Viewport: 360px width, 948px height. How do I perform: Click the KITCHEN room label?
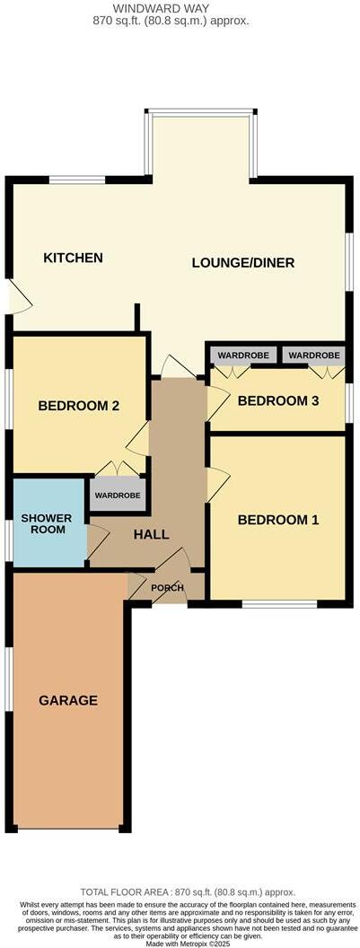tap(74, 258)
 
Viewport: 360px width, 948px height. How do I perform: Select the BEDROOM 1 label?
tap(277, 520)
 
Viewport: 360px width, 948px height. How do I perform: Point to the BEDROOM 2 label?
tap(79, 406)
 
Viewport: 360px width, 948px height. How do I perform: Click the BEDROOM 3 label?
tap(278, 400)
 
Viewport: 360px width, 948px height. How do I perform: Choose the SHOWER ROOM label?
tap(46, 524)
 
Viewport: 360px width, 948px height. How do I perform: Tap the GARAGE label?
tap(68, 700)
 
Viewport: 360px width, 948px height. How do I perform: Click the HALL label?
tap(151, 534)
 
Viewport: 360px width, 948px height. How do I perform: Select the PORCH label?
tap(167, 588)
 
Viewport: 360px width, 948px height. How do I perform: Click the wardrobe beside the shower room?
tap(118, 495)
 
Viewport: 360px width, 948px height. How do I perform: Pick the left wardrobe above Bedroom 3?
tap(237, 355)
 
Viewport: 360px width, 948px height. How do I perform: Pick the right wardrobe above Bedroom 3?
tap(313, 355)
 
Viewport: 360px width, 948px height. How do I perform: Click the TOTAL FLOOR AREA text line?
tap(188, 891)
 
